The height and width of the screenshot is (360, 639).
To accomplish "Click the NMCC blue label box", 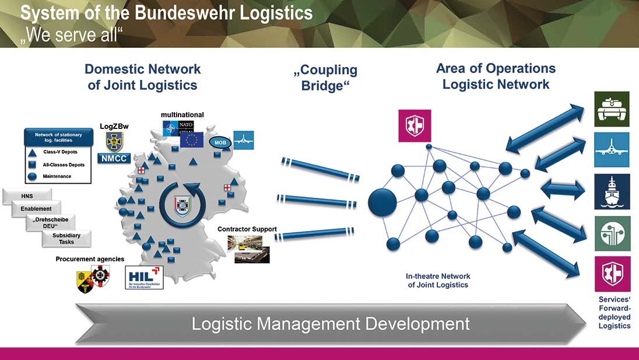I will pyautogui.click(x=114, y=158).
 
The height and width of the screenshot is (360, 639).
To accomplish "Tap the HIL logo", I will pyautogui.click(x=144, y=278).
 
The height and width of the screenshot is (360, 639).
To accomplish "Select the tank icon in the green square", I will pyautogui.click(x=612, y=109).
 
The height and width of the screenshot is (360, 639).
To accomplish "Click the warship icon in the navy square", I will pyautogui.click(x=612, y=191).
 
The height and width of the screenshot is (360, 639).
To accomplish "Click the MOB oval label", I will pyautogui.click(x=220, y=142).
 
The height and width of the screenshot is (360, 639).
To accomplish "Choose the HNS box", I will pyautogui.click(x=27, y=196).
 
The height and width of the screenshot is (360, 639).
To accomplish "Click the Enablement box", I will pyautogui.click(x=36, y=209).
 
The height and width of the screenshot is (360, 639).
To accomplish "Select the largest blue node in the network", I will pyautogui.click(x=382, y=202).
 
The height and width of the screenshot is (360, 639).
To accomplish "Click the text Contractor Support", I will pyautogui.click(x=247, y=229).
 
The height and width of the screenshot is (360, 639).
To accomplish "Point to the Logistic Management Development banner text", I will pyautogui.click(x=331, y=323).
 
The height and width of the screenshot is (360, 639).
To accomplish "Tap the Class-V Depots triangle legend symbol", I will pyautogui.click(x=33, y=152).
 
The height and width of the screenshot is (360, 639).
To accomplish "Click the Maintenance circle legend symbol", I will pyautogui.click(x=33, y=176).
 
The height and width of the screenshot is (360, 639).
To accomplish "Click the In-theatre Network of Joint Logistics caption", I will pyautogui.click(x=438, y=281).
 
